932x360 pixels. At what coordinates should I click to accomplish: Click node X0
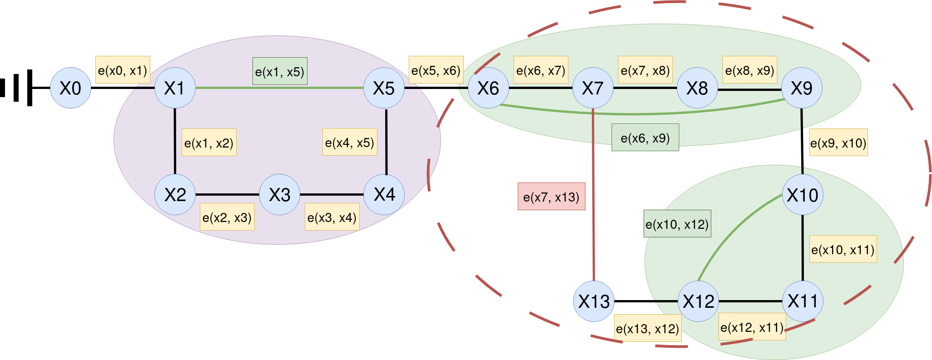point(70,88)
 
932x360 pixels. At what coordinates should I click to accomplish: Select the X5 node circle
point(384,88)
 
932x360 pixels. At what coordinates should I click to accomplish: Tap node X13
point(594,301)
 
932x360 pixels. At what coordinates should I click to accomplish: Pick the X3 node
point(279,195)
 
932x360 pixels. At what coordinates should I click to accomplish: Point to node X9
point(802,88)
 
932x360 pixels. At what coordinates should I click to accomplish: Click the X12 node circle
point(698,301)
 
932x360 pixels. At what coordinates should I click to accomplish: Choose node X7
point(593,88)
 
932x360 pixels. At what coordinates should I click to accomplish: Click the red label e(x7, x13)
point(551,197)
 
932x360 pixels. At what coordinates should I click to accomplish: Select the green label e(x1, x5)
point(280,71)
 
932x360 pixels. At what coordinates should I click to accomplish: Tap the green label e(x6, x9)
point(645,138)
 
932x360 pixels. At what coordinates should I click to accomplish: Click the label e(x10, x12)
point(677,224)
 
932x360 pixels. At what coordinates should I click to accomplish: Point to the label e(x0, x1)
point(123,70)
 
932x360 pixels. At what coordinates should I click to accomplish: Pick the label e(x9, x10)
point(838,143)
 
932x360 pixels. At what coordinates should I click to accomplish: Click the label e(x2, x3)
point(227,217)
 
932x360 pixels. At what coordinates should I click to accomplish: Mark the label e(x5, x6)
point(436,70)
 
